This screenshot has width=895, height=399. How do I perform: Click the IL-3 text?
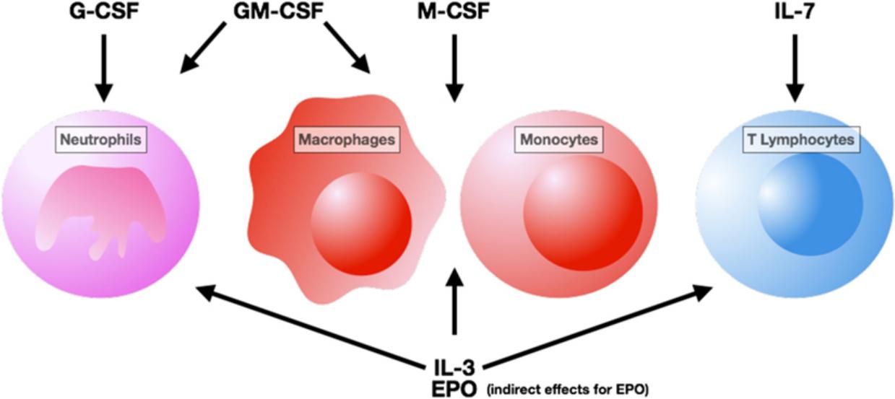click(x=454, y=363)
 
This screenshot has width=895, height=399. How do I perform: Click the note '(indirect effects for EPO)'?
click(x=568, y=388)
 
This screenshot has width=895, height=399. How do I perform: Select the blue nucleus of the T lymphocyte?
click(x=809, y=209)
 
